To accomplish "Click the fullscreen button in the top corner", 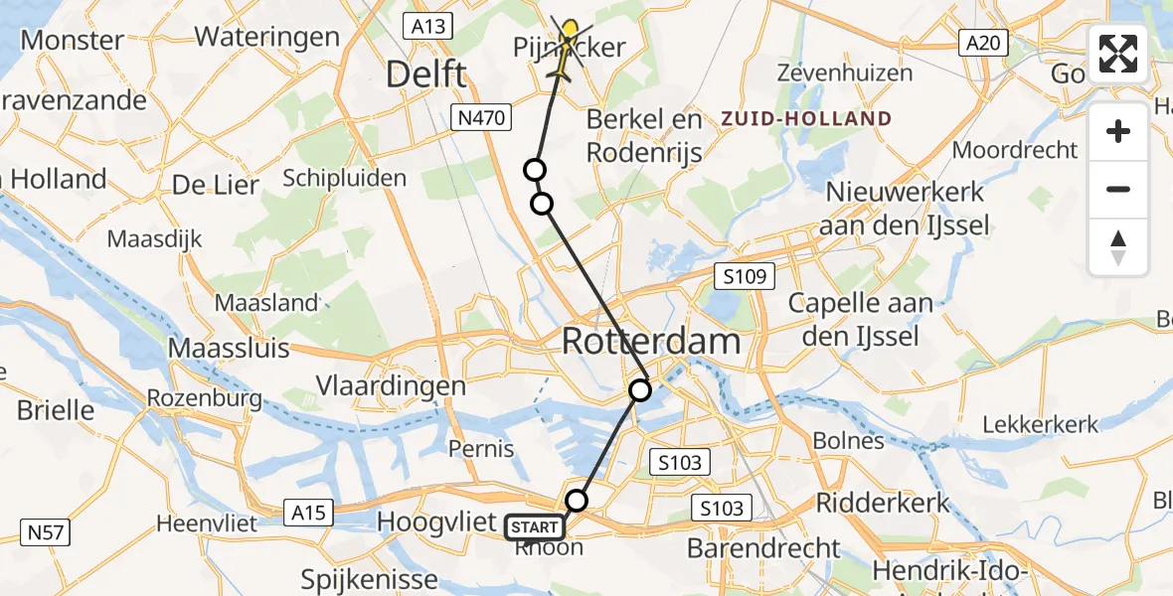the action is (x=1118, y=54).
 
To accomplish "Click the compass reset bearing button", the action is (x=1118, y=247).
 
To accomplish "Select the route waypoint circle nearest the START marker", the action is (x=577, y=500).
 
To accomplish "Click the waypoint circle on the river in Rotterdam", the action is (x=641, y=390).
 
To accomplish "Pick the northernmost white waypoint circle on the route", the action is (x=535, y=170).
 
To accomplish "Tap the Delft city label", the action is (x=425, y=74).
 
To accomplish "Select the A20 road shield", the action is (x=984, y=43).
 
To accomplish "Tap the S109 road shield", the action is (x=745, y=276).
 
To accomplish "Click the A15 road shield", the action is (x=309, y=513).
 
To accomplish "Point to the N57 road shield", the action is (x=44, y=532).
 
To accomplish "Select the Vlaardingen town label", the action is (x=391, y=386).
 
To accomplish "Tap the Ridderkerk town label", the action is (x=883, y=503).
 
